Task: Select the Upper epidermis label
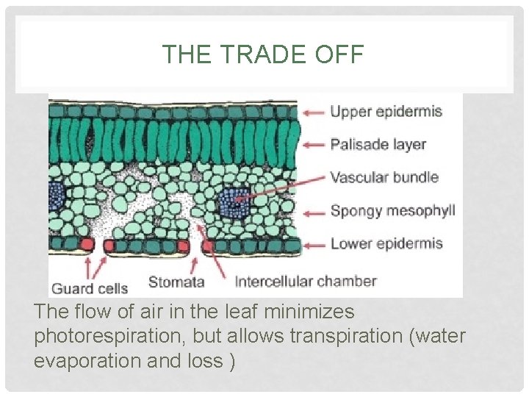(386, 112)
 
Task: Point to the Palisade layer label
(378, 144)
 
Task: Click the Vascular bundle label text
(384, 177)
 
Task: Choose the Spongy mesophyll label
(392, 211)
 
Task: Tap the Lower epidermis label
(386, 243)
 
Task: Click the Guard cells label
(89, 288)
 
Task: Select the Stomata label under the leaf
(176, 281)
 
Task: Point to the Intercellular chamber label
(305, 281)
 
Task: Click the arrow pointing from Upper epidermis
(314, 112)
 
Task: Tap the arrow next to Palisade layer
(314, 145)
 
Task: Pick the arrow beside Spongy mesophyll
(314, 212)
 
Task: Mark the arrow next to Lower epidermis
(314, 244)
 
